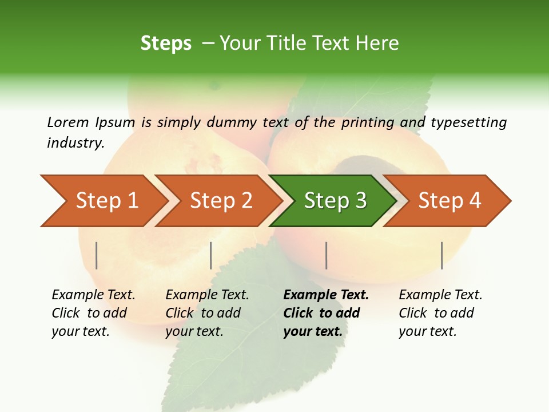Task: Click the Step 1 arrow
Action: point(106,201)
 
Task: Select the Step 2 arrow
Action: point(221,201)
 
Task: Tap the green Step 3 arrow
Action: point(335,201)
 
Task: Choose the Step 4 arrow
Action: point(449,201)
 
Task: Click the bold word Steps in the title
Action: point(166,43)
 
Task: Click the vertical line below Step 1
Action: point(97,255)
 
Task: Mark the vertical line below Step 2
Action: point(211,255)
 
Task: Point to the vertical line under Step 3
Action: point(326,255)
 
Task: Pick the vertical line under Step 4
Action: point(441,255)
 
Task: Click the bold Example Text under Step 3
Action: point(326,295)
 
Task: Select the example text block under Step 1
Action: point(93,313)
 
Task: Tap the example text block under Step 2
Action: point(207,313)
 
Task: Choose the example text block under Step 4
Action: point(440,313)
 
